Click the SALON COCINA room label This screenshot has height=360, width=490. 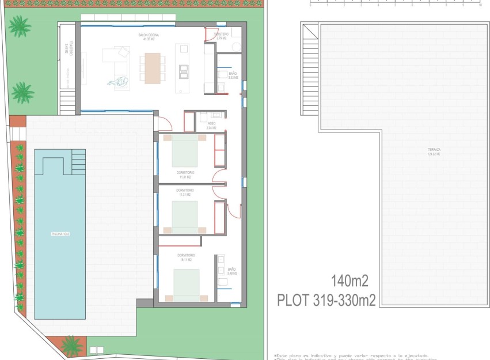click(x=148, y=37)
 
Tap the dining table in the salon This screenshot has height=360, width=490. click(x=153, y=69)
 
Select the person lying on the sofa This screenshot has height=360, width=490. click(x=119, y=82)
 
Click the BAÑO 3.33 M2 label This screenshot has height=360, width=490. click(x=232, y=75)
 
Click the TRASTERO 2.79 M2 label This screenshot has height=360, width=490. click(x=221, y=36)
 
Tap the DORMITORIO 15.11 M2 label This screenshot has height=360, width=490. click(x=185, y=257)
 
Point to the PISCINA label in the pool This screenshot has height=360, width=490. click(x=60, y=234)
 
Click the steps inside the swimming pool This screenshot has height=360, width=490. click(x=78, y=162)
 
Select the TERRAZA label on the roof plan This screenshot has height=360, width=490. click(x=434, y=151)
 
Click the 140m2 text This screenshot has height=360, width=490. click(x=349, y=281)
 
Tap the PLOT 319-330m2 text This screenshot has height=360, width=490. click(x=326, y=300)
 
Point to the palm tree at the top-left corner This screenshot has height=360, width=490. click(x=20, y=26)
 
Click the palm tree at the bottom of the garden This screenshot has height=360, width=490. click(x=71, y=346)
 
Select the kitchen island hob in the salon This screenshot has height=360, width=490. click(x=184, y=71)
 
